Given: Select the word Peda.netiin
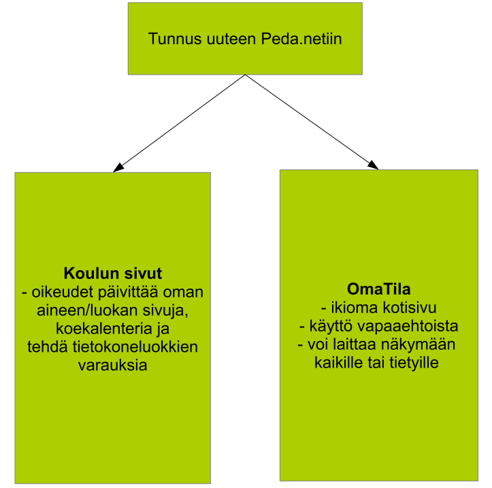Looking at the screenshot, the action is click(x=301, y=39).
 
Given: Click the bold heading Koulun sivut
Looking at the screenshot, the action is click(x=113, y=274).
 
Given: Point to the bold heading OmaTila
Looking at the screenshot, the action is click(x=379, y=289).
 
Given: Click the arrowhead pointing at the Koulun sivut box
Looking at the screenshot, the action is click(x=118, y=167).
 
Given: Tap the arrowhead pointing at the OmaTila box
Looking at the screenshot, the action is click(x=374, y=165).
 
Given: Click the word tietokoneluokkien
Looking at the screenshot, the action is click(x=135, y=347).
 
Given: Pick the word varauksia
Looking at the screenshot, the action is click(x=113, y=365).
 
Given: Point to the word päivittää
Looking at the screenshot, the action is click(x=129, y=292).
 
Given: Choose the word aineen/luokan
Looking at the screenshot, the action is click(x=87, y=310).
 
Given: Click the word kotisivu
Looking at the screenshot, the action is click(x=410, y=308).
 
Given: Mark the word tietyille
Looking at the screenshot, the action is click(x=414, y=363).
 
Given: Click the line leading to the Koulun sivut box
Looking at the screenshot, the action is click(x=179, y=123).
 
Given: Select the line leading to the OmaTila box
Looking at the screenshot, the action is click(x=312, y=122).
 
